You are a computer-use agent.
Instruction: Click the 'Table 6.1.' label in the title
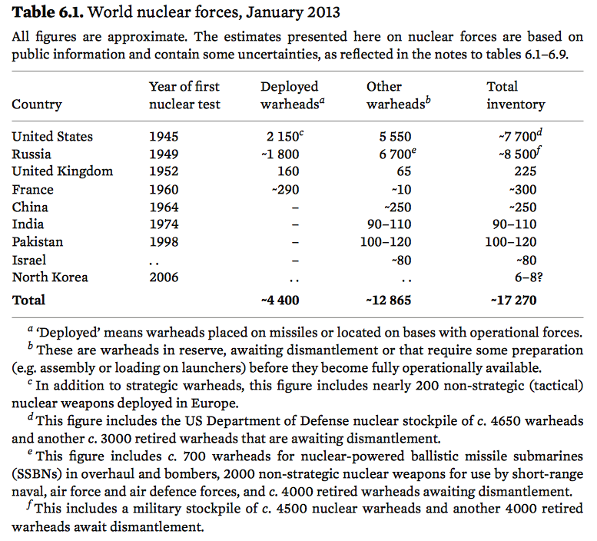pos(45,12)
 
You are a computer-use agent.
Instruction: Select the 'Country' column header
pos(36,105)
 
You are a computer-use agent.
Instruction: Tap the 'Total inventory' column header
pos(515,95)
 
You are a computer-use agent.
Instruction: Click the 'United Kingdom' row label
pos(62,171)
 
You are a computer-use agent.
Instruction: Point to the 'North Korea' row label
pos(49,277)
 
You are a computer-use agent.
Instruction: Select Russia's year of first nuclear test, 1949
pos(164,154)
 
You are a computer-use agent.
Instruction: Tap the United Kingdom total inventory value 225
pos(526,171)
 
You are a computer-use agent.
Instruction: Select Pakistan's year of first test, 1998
pos(164,242)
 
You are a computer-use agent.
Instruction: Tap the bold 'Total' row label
pos(28,300)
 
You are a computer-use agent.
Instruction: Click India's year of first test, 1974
pos(164,224)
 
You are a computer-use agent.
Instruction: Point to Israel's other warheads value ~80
pos(402,260)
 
